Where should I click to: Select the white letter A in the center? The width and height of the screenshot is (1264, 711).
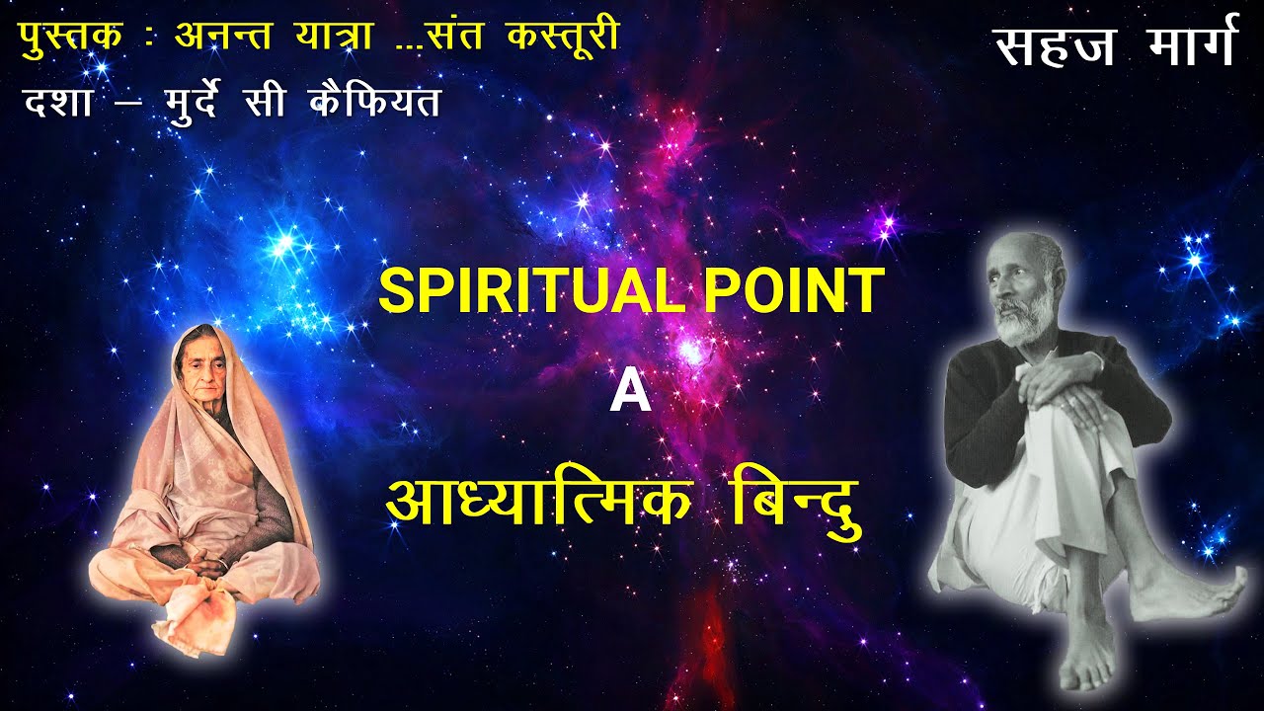click(x=630, y=393)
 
